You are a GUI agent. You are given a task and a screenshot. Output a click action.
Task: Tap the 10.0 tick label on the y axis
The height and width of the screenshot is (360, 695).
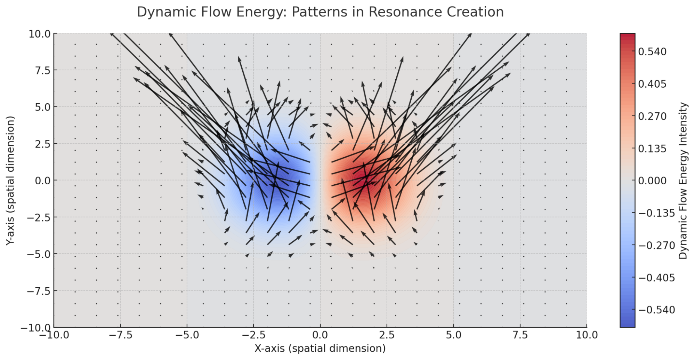click(x=40, y=34)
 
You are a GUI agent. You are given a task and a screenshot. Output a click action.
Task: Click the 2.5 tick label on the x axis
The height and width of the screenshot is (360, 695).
click(x=387, y=335)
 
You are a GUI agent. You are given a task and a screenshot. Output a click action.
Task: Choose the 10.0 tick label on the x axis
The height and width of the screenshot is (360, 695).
click(x=587, y=335)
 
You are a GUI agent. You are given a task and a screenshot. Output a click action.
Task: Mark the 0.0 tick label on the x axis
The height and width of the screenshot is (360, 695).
click(x=320, y=335)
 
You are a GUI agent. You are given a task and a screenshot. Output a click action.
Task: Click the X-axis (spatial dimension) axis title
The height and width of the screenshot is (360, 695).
click(x=320, y=349)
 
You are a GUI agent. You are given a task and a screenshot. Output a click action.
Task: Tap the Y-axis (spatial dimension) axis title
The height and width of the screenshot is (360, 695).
click(x=10, y=180)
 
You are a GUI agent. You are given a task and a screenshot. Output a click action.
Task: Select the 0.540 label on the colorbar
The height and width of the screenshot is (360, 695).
click(x=652, y=52)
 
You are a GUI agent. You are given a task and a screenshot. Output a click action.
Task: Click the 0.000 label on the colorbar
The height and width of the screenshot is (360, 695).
click(x=652, y=181)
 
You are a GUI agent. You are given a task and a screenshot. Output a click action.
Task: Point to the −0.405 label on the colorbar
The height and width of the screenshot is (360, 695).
click(x=656, y=278)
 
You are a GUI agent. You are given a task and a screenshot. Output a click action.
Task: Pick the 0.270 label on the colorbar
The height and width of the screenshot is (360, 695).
click(x=652, y=116)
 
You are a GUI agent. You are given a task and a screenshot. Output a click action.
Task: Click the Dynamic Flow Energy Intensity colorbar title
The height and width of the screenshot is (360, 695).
click(x=683, y=180)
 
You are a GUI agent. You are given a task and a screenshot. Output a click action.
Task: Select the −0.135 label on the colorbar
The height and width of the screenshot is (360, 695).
click(x=656, y=213)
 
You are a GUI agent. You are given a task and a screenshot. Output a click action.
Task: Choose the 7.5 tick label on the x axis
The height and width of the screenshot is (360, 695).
click(x=520, y=335)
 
